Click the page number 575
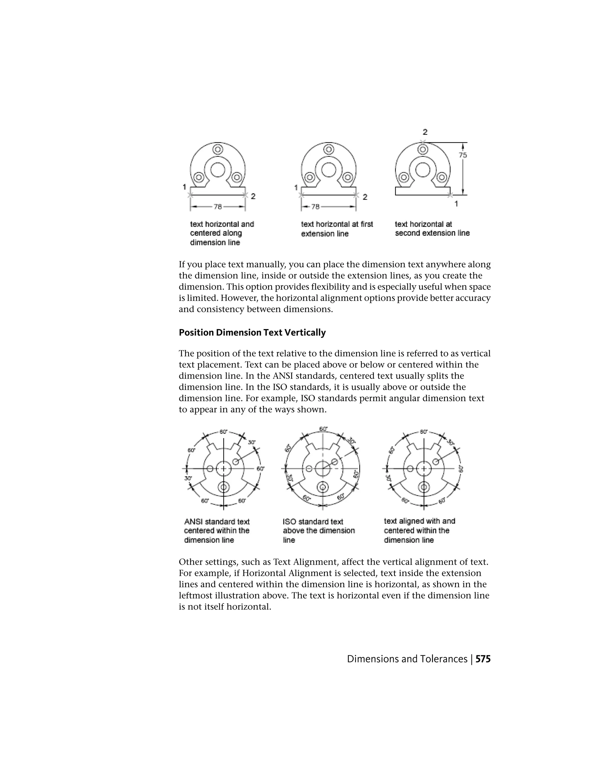click(483, 659)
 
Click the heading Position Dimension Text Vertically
click(252, 333)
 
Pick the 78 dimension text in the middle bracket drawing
click(315, 207)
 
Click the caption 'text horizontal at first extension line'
click(336, 229)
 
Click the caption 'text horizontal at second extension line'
click(432, 228)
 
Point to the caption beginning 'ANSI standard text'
click(217, 531)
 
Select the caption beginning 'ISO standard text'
click(318, 531)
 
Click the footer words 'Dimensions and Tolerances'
click(407, 659)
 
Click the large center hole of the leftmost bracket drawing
click(218, 170)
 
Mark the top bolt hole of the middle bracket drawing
click(329, 149)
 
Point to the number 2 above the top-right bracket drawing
click(425, 132)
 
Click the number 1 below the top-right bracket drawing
click(456, 204)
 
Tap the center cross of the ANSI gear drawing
click(223, 469)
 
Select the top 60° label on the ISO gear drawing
click(323, 429)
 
